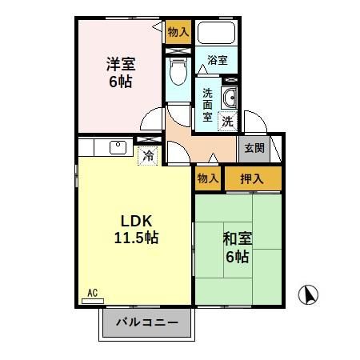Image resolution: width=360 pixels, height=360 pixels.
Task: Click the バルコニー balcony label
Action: pos(146,324)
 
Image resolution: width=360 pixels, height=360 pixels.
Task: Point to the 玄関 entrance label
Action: pos(254,147)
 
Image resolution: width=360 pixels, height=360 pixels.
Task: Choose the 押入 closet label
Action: pos(253,178)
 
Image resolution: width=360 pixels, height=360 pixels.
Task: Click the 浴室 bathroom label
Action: pos(217,59)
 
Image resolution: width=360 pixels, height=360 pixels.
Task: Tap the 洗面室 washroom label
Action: pos(206,105)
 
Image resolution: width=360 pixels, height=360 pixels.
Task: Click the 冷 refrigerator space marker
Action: pos(148,156)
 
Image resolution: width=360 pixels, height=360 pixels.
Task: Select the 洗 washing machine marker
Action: pos(228,122)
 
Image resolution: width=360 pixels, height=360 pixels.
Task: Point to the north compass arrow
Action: pos(307,294)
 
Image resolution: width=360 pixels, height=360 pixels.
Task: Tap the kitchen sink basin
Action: pos(118,146)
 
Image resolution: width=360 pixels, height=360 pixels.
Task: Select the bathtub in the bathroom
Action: pos(215,34)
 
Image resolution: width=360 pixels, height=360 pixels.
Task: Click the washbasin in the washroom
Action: pos(228,99)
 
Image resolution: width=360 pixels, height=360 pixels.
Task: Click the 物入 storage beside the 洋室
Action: pos(178,32)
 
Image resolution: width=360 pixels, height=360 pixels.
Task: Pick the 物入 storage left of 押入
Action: pos(206,178)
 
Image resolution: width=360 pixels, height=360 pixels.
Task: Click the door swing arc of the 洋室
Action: pos(150,124)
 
